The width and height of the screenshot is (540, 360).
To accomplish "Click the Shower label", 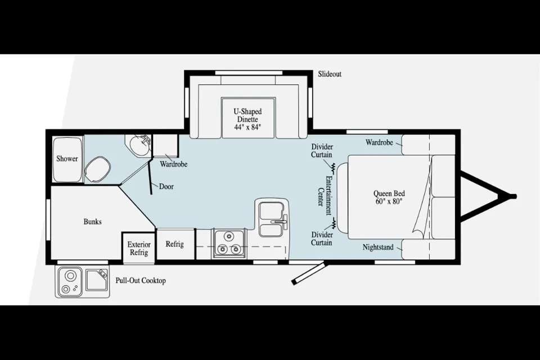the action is tap(67, 159).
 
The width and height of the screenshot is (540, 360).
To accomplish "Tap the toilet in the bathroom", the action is tap(97, 169).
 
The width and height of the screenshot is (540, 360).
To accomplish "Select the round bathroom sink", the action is tap(139, 145).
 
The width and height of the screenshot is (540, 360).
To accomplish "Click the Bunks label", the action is tap(93, 222).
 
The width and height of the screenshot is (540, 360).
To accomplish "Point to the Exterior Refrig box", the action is tap(139, 247).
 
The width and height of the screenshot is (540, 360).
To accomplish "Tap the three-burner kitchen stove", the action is tap(229, 243).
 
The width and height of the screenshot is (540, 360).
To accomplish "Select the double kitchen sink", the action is tap(272, 219).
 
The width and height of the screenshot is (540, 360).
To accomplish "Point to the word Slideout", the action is tap(330, 74).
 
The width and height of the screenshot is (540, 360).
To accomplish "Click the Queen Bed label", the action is tap(389, 197).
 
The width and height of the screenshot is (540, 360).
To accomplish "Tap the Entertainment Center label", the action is tap(325, 195).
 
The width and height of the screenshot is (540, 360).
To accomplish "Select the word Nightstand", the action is tap(378, 247).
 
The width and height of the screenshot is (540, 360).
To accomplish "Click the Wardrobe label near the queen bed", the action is tap(379, 142).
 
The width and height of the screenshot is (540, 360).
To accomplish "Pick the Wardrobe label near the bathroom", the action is tap(174, 164).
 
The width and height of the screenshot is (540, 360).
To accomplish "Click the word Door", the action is tap(166, 186).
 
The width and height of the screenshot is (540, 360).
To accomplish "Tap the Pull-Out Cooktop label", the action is tap(141, 281).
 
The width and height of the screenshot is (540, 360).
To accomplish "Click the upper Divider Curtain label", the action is tap(322, 151).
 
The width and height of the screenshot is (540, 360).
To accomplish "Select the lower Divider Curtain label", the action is tap(322, 238).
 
